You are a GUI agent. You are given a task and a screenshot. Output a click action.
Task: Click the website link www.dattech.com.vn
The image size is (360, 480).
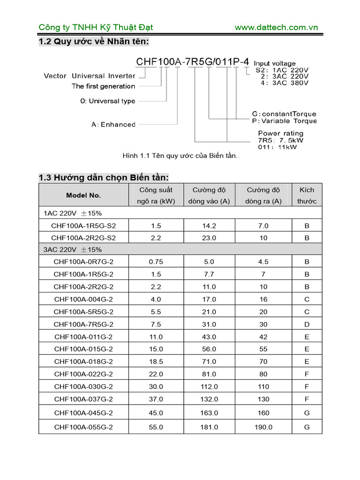276,27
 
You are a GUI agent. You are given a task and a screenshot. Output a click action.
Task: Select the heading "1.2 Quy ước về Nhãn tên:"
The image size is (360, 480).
94,42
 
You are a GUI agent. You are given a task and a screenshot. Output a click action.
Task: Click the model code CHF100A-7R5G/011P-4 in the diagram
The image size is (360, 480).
193,62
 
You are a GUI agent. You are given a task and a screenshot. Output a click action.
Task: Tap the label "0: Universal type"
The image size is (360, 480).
105,101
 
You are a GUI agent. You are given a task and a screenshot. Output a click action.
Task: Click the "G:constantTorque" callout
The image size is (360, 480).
284,114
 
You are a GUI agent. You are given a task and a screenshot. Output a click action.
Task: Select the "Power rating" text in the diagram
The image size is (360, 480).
280,133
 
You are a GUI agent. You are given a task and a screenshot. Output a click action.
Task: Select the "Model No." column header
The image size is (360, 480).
83,195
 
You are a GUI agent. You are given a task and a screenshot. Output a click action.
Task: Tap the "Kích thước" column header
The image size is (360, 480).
307,195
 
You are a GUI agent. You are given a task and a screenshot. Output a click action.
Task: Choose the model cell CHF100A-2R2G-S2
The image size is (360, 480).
83,238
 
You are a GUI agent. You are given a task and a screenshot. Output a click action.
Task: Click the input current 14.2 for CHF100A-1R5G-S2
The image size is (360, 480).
209,225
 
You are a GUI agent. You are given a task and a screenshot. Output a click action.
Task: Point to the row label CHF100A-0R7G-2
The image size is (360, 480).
83,262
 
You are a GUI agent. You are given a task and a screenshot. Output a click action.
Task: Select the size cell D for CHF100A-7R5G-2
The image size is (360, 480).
307,324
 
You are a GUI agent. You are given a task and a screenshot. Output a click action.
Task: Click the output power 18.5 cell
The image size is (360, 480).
156,361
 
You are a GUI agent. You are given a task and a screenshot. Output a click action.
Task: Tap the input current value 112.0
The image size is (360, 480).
209,387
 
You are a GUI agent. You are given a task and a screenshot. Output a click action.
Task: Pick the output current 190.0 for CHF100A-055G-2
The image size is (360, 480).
263,427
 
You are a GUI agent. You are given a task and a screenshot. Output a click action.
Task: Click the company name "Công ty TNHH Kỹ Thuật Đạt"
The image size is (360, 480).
96,27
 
